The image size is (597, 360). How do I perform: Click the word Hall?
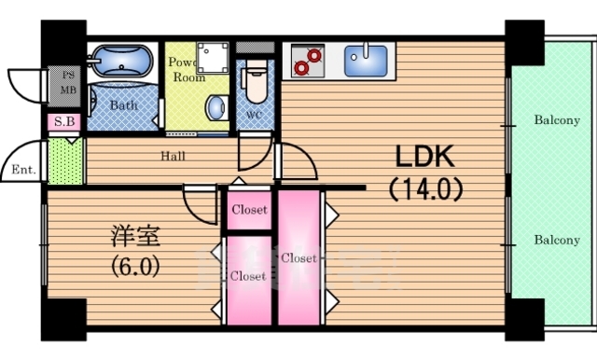pyautogui.click(x=174, y=156)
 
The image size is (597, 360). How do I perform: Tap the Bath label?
pyautogui.click(x=123, y=105)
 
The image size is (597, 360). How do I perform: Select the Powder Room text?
pyautogui.click(x=187, y=71)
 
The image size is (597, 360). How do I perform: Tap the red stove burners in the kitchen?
pyautogui.click(x=305, y=62)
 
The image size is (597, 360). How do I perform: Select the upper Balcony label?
pyautogui.click(x=556, y=119)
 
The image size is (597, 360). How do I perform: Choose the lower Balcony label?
pyautogui.click(x=556, y=240)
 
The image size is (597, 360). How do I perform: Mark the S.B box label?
pyautogui.click(x=64, y=121)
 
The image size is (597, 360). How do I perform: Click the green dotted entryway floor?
pyautogui.click(x=65, y=159)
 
